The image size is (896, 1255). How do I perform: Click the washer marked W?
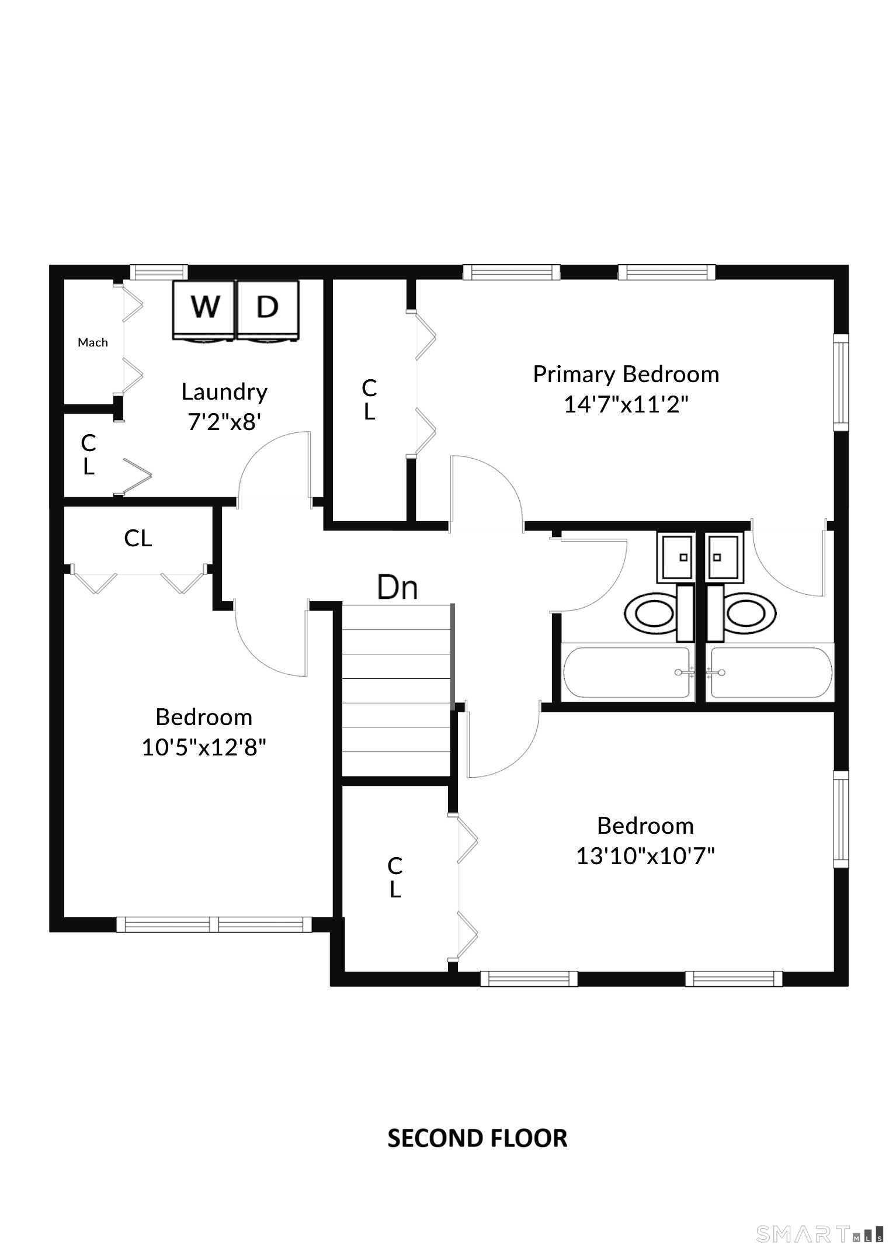click(204, 310)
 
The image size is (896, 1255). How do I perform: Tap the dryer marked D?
click(268, 310)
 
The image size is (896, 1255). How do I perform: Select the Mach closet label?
click(93, 342)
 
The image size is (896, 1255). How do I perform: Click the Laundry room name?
click(224, 392)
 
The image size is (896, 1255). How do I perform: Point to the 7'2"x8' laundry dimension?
click(224, 421)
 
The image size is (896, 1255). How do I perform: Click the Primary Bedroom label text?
click(626, 375)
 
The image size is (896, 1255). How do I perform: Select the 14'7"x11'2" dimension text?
click(626, 404)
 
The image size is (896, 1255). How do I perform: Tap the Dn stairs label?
click(397, 587)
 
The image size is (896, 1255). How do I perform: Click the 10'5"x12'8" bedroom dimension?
click(204, 747)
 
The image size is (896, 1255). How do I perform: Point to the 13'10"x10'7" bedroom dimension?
click(645, 856)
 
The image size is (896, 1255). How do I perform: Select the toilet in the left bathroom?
click(658, 613)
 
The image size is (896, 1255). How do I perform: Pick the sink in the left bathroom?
click(676, 557)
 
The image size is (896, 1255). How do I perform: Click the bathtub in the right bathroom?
click(770, 672)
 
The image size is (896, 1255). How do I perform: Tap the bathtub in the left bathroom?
click(627, 672)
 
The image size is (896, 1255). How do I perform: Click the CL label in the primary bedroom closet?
click(369, 400)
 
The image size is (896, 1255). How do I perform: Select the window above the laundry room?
click(159, 272)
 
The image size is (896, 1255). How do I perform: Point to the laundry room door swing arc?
click(257, 450)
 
